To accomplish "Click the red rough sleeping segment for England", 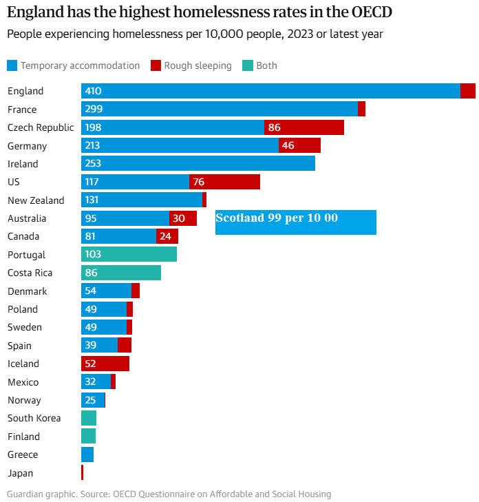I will click(x=467, y=91).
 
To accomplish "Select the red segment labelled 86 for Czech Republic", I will click(x=304, y=127).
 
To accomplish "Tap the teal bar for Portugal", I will click(x=129, y=254).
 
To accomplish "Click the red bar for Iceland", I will click(x=105, y=364).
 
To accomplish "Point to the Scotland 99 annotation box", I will click(x=295, y=222).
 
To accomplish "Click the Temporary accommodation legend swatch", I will click(x=12, y=65).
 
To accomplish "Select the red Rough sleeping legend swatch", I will click(x=156, y=65).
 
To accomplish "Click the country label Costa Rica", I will click(x=30, y=273).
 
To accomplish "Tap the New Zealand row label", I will click(x=36, y=200).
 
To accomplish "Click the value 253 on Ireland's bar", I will click(x=93, y=164).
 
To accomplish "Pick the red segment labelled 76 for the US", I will click(x=224, y=182).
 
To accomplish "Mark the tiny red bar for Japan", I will click(x=82, y=472).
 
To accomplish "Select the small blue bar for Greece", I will click(x=87, y=454).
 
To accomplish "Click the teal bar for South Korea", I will click(x=89, y=418).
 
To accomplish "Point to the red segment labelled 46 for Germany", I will click(x=299, y=145).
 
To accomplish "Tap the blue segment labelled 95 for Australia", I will click(x=125, y=218).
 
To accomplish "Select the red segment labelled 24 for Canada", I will click(x=167, y=236).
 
